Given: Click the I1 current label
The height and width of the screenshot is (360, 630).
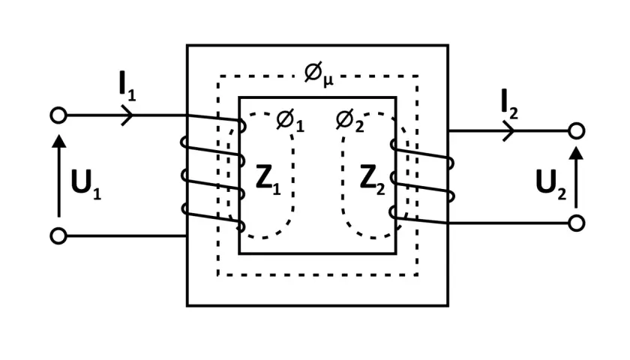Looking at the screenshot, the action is click(x=127, y=86).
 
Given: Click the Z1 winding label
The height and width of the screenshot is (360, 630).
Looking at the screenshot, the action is click(x=268, y=179).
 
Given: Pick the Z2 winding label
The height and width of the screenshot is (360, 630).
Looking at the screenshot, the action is click(x=372, y=179).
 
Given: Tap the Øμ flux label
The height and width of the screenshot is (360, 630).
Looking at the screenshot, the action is click(x=319, y=75).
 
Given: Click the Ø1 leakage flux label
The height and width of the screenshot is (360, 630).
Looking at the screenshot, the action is click(x=290, y=121).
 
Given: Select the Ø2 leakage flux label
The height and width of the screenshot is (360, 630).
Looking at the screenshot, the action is click(x=349, y=121).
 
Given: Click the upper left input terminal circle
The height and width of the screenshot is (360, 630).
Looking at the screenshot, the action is click(x=58, y=115).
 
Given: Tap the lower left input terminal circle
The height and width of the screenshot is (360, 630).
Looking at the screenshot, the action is click(x=58, y=235).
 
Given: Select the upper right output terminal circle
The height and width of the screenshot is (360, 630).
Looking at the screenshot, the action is click(x=577, y=131).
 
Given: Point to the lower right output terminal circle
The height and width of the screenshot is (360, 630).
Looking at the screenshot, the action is click(x=577, y=223).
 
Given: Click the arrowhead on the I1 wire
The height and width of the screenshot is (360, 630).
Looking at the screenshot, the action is click(x=127, y=115).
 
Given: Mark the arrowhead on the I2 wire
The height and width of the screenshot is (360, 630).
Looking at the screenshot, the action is click(x=508, y=131).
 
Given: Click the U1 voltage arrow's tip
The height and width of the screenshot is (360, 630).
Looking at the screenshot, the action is click(x=59, y=136).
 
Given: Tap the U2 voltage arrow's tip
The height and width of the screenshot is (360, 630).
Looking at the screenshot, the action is click(x=577, y=148).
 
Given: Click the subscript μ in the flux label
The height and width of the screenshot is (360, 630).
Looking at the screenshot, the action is click(x=328, y=81).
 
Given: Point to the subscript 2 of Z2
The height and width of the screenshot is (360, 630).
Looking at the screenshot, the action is click(x=380, y=189).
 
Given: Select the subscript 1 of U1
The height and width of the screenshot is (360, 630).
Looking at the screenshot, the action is click(x=97, y=193).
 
